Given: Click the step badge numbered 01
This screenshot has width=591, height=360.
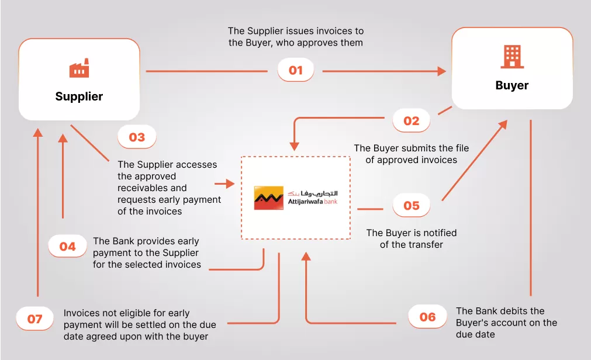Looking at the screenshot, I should (x=296, y=71).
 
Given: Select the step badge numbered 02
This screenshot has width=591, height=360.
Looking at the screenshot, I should (x=412, y=121).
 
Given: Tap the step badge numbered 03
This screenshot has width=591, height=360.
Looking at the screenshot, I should (x=137, y=137).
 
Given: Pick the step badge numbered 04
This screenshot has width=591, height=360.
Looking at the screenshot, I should (x=68, y=247).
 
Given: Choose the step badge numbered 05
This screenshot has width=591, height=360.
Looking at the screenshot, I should (x=412, y=206).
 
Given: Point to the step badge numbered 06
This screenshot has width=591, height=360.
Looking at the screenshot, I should (x=427, y=317).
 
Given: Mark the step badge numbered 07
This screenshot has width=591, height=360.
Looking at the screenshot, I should (x=35, y=319).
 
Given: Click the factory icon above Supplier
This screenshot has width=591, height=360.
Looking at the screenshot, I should (x=79, y=68).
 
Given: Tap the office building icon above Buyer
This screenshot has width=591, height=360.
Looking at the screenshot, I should (x=511, y=57).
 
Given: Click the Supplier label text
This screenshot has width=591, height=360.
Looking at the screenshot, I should (x=79, y=96).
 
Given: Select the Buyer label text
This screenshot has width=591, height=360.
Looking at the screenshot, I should (x=511, y=85).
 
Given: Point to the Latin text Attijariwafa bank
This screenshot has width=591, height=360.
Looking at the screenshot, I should (x=313, y=202).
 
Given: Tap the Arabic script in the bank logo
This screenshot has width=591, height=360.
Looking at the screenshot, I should (x=313, y=193).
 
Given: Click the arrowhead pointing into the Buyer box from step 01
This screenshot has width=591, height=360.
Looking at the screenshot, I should (x=442, y=71).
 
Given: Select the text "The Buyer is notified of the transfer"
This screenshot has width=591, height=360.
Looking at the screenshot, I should (x=412, y=238).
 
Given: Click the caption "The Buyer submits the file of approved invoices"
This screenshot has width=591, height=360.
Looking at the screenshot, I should (x=412, y=154).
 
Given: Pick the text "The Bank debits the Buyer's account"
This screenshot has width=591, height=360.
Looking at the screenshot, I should (x=506, y=323).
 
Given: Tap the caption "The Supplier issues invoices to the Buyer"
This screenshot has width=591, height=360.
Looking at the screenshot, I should (x=295, y=37).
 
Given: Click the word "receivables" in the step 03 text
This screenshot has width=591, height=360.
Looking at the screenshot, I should (x=152, y=188).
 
